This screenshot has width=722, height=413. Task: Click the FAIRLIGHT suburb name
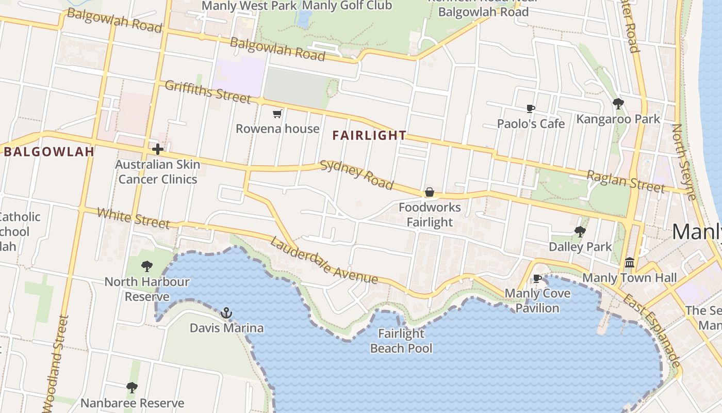pyautogui.click(x=369, y=136)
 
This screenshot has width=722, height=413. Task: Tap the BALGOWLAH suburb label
pyautogui.click(x=50, y=152)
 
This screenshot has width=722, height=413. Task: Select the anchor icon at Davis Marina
pyautogui.click(x=226, y=313)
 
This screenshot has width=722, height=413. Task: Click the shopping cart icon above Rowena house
pyautogui.click(x=277, y=114)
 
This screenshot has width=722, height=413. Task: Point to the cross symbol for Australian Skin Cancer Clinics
pyautogui.click(x=158, y=150)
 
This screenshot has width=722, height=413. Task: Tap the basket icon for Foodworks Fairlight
pyautogui.click(x=429, y=193)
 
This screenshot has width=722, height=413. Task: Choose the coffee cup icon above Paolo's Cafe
pyautogui.click(x=531, y=108)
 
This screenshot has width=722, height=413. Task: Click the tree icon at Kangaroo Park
pyautogui.click(x=618, y=104)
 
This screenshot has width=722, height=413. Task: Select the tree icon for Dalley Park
pyautogui.click(x=580, y=232)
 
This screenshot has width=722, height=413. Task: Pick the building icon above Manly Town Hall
pyautogui.click(x=629, y=263)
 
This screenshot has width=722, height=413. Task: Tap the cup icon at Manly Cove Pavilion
pyautogui.click(x=537, y=279)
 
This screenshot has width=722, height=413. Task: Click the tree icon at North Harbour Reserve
pyautogui.click(x=147, y=266)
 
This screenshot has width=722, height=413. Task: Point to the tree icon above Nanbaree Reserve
pyautogui.click(x=132, y=387)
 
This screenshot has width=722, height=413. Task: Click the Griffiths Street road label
pyautogui.click(x=208, y=92)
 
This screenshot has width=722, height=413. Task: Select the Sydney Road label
pyautogui.click(x=357, y=175)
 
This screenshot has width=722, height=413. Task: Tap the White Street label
pyautogui.click(x=133, y=218)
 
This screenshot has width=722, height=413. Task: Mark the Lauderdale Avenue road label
pyautogui.click(x=324, y=260)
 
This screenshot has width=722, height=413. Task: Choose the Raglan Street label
pyautogui.click(x=626, y=181)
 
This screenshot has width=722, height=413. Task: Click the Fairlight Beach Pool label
pyautogui.click(x=401, y=341)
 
